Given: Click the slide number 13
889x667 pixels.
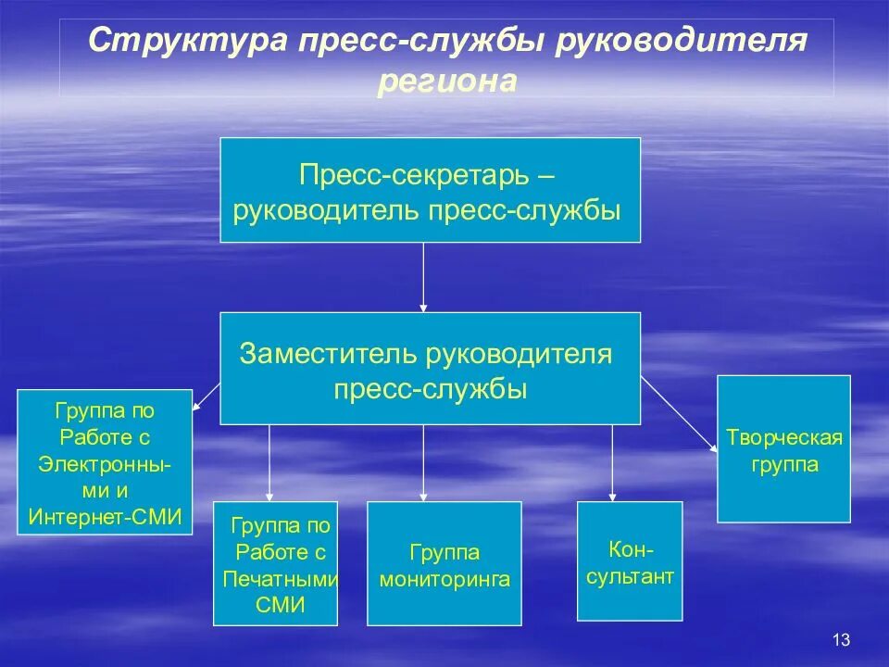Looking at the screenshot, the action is [841, 639].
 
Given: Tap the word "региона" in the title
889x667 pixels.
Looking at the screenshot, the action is [446, 82].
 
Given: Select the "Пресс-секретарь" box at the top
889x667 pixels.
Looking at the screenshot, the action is [430, 190].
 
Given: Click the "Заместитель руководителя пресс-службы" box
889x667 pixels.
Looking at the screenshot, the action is [430, 369].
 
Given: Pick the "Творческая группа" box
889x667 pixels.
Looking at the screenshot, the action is [783, 448].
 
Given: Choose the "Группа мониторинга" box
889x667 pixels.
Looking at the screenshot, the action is [444, 564].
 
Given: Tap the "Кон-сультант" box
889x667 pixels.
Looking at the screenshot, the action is [630, 560].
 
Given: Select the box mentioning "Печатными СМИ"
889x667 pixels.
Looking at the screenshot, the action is [276, 564].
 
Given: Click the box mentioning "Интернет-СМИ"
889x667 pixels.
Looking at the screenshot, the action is [106, 462].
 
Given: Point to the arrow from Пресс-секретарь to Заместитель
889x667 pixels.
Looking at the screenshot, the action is [424, 278].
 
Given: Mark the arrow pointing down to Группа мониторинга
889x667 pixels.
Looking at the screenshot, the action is [424, 463].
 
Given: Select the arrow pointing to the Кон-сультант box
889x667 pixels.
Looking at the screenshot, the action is [612, 463].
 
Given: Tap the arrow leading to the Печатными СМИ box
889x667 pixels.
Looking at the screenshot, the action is [269, 463].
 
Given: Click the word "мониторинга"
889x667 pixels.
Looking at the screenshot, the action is [444, 580].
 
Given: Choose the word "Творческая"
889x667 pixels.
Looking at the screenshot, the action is [784, 437].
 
